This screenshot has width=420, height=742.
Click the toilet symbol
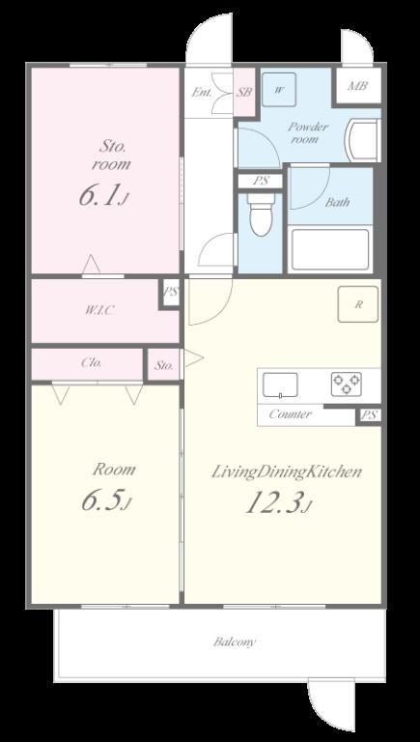261,214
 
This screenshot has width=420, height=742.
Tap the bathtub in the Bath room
330,249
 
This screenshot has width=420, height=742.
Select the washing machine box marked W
279,90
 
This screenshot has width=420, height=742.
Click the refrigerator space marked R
358,304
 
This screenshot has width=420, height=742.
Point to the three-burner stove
347,384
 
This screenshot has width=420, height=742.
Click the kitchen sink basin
280,385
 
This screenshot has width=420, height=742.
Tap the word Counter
290,414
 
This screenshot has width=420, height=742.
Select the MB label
357,87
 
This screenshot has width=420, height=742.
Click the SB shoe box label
244,93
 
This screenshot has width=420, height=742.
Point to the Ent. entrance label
202,93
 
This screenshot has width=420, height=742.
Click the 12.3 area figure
273,503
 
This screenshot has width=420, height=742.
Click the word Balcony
235,642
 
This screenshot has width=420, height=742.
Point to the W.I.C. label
99,311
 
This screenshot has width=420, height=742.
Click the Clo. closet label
91,364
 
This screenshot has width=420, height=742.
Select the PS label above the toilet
260,181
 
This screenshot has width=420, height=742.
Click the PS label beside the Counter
369,415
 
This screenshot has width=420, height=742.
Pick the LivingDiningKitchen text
287,472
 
